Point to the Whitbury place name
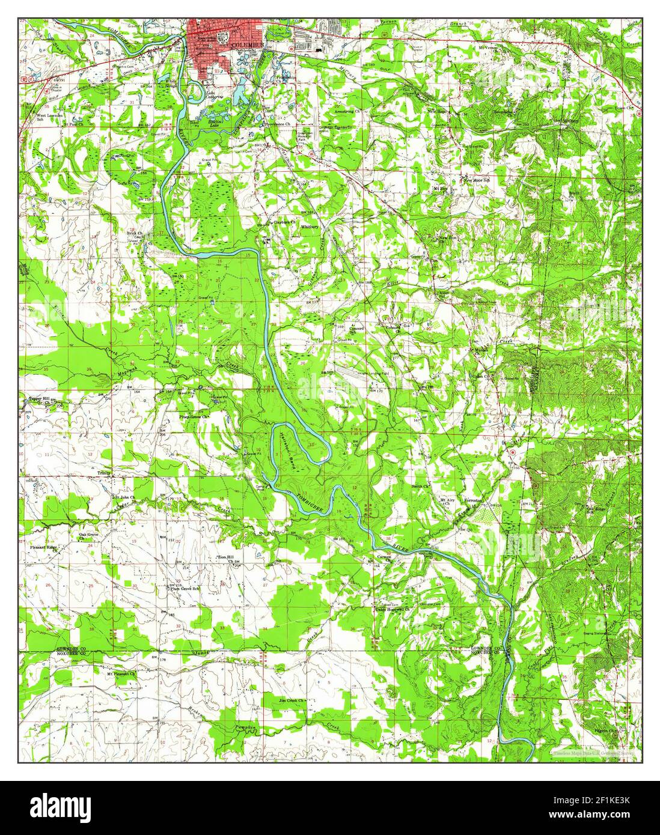(x=310, y=227)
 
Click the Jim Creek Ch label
(x=292, y=700)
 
